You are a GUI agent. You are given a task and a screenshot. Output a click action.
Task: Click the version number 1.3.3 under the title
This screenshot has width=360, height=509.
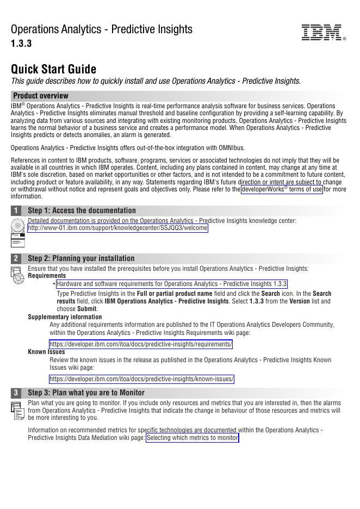tap(21, 44)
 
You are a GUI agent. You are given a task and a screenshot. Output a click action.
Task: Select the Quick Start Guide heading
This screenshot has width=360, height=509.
tap(53, 69)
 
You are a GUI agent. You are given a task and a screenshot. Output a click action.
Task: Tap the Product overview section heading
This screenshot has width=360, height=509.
tap(41, 96)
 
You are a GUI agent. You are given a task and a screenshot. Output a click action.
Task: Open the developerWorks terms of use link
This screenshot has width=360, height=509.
tap(282, 189)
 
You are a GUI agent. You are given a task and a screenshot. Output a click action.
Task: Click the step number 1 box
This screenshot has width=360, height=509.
tap(16, 210)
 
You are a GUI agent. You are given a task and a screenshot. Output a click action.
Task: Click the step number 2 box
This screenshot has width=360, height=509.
tap(16, 258)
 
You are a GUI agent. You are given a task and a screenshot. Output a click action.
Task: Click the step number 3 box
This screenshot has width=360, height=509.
tap(16, 393)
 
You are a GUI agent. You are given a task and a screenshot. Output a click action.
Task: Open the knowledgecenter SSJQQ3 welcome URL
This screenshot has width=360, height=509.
tap(117, 228)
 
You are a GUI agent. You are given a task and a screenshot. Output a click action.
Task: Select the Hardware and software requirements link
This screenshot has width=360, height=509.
tap(172, 284)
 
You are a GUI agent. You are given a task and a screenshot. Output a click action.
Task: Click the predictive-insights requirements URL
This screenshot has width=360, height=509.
tap(141, 344)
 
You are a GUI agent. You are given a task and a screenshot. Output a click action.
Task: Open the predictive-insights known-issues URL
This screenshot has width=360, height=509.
tap(141, 379)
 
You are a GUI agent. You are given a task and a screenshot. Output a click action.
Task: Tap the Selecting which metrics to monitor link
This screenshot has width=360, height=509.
tap(193, 438)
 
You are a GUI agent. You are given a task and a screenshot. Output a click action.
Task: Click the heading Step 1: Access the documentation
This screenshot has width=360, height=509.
tap(82, 210)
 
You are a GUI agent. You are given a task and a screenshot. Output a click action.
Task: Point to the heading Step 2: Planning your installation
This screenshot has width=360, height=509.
tap(81, 258)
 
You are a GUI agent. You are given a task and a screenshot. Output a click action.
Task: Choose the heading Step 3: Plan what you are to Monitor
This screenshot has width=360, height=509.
tap(86, 393)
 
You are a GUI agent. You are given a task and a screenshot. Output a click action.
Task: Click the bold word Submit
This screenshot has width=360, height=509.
tap(86, 309)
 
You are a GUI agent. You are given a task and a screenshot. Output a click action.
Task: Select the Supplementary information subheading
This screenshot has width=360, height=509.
tap(65, 317)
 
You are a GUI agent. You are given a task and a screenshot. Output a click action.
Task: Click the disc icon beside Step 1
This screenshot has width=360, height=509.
tap(17, 225)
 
